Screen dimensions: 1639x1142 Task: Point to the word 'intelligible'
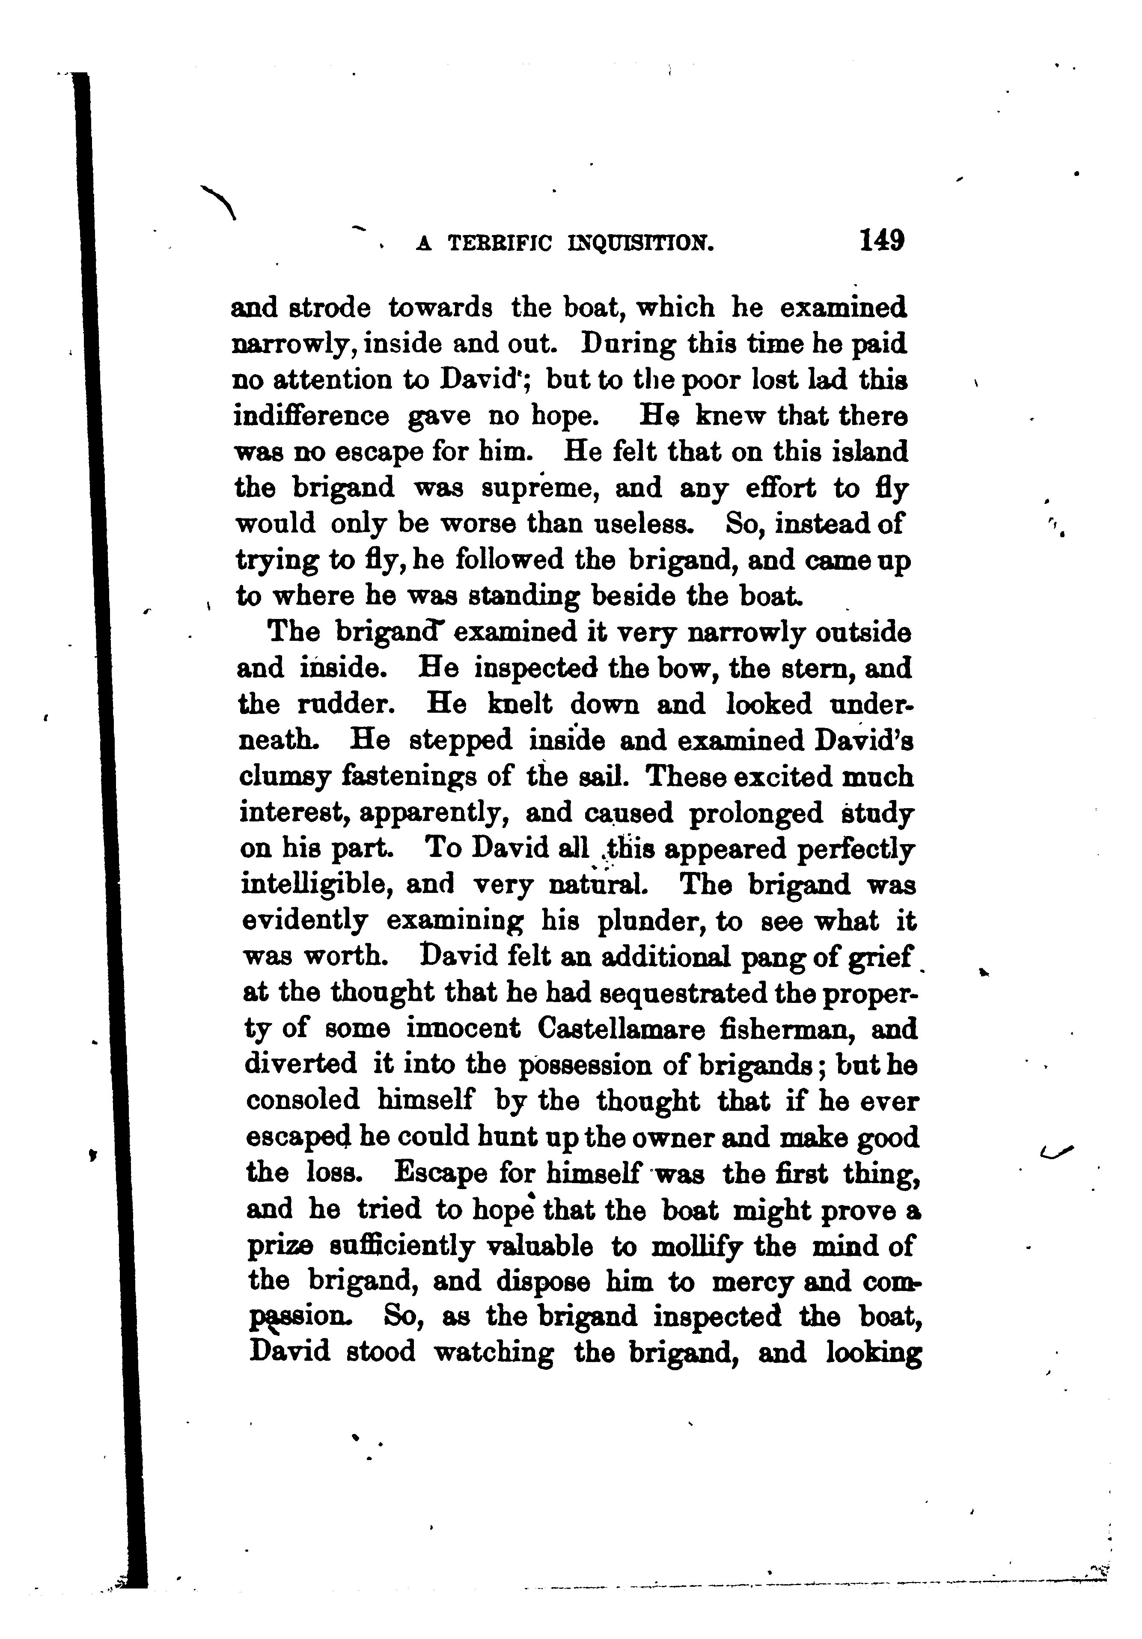coord(313,885)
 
